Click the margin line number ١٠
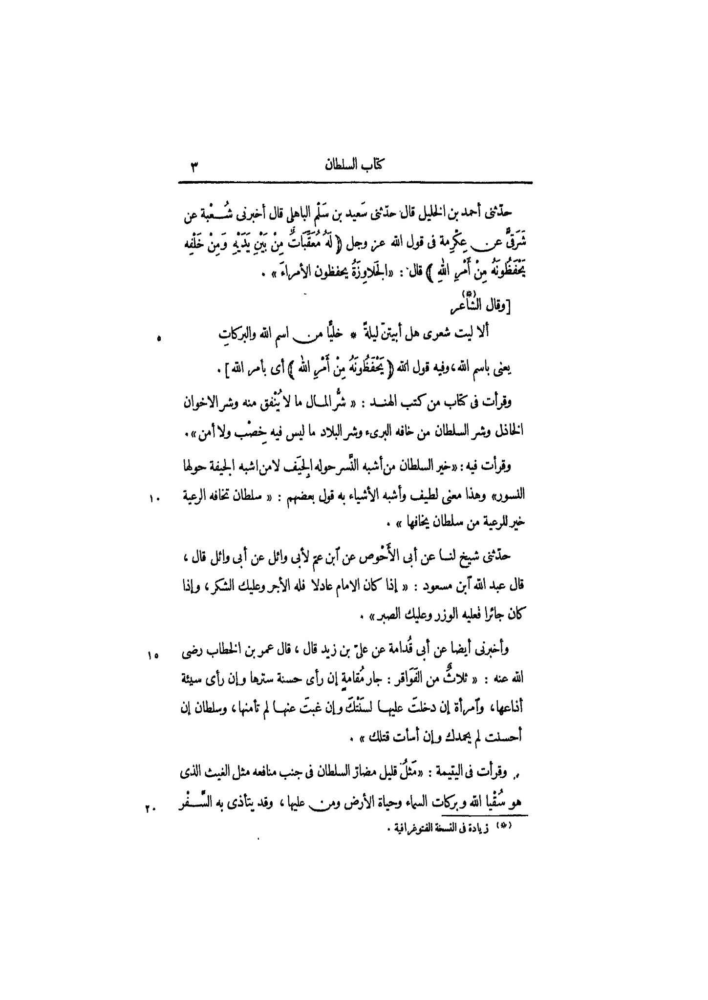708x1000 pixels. coord(154,498)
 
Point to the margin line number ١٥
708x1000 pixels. coord(152,655)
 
